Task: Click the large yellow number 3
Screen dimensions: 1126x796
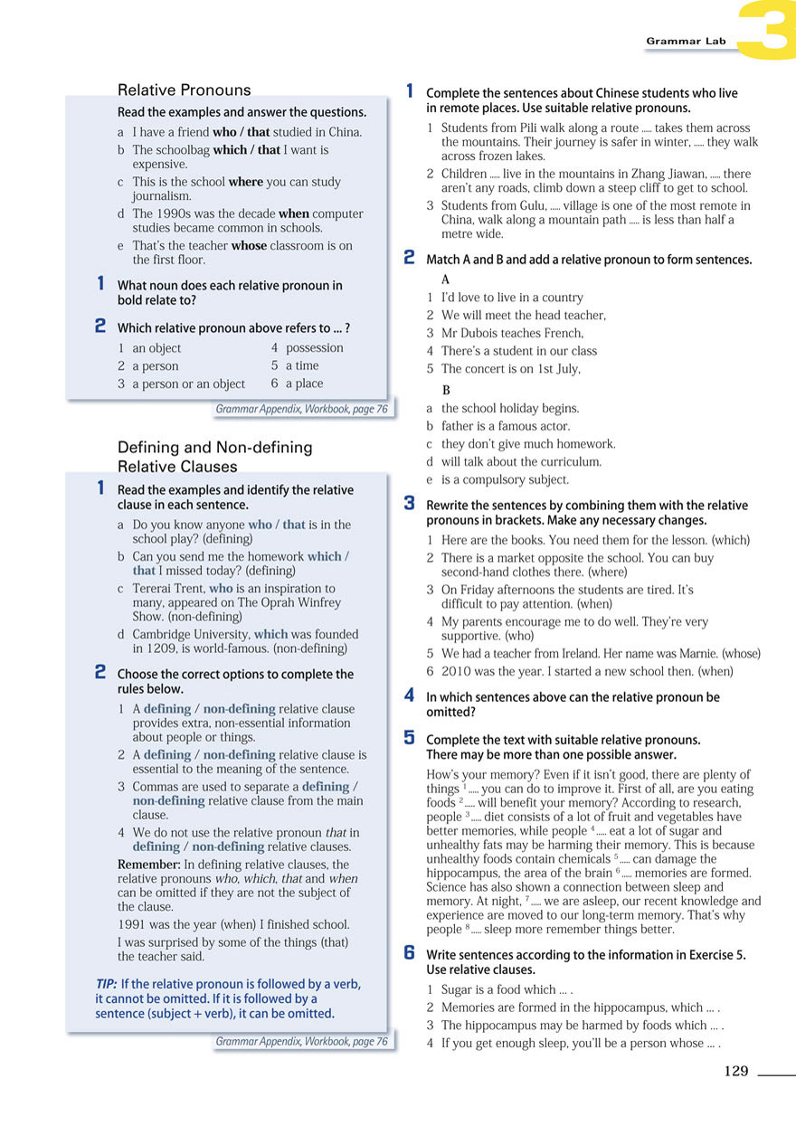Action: (x=765, y=31)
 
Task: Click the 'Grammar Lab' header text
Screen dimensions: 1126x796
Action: (x=686, y=42)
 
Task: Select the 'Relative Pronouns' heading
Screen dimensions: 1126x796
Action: (x=185, y=90)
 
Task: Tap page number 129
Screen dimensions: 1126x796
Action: (x=736, y=1071)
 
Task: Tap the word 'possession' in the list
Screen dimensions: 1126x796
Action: (x=315, y=347)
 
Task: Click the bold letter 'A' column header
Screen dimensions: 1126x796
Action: (x=445, y=279)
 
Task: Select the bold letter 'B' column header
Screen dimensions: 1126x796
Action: (x=445, y=391)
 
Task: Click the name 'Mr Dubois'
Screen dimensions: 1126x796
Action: (x=469, y=333)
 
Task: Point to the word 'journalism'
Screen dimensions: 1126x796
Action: (x=162, y=195)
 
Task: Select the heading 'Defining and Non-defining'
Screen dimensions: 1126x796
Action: (x=214, y=447)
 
